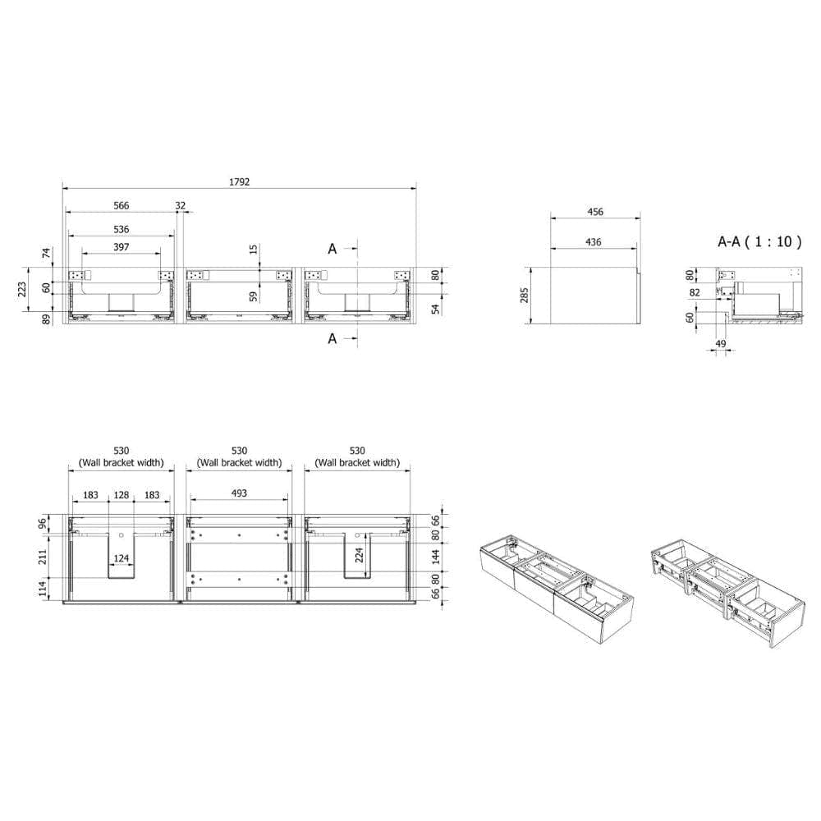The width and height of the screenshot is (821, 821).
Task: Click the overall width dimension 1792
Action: pos(239,181)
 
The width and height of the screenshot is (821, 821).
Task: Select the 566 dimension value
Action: pos(121,205)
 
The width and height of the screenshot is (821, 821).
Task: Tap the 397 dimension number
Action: pos(121,246)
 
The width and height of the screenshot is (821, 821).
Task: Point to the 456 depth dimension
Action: pos(595,212)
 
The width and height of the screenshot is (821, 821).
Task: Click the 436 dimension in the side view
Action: pos(594,242)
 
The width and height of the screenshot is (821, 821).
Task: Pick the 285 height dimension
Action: pos(525,296)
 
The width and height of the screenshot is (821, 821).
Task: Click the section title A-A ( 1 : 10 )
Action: pos(759,241)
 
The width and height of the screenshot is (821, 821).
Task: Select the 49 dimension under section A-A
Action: pos(721,343)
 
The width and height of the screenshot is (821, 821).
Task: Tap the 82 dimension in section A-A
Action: pos(695,292)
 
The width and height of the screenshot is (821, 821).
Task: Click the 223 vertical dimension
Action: pos(22,289)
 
